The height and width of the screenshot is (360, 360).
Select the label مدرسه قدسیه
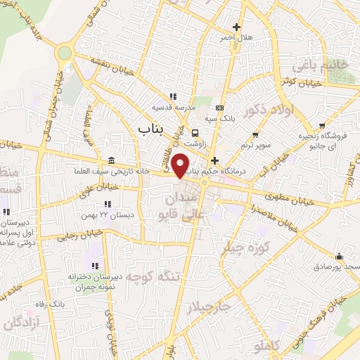click(173, 108)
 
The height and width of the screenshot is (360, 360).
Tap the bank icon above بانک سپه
click(220, 108)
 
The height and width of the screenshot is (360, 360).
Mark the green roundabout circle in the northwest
click(65, 52)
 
